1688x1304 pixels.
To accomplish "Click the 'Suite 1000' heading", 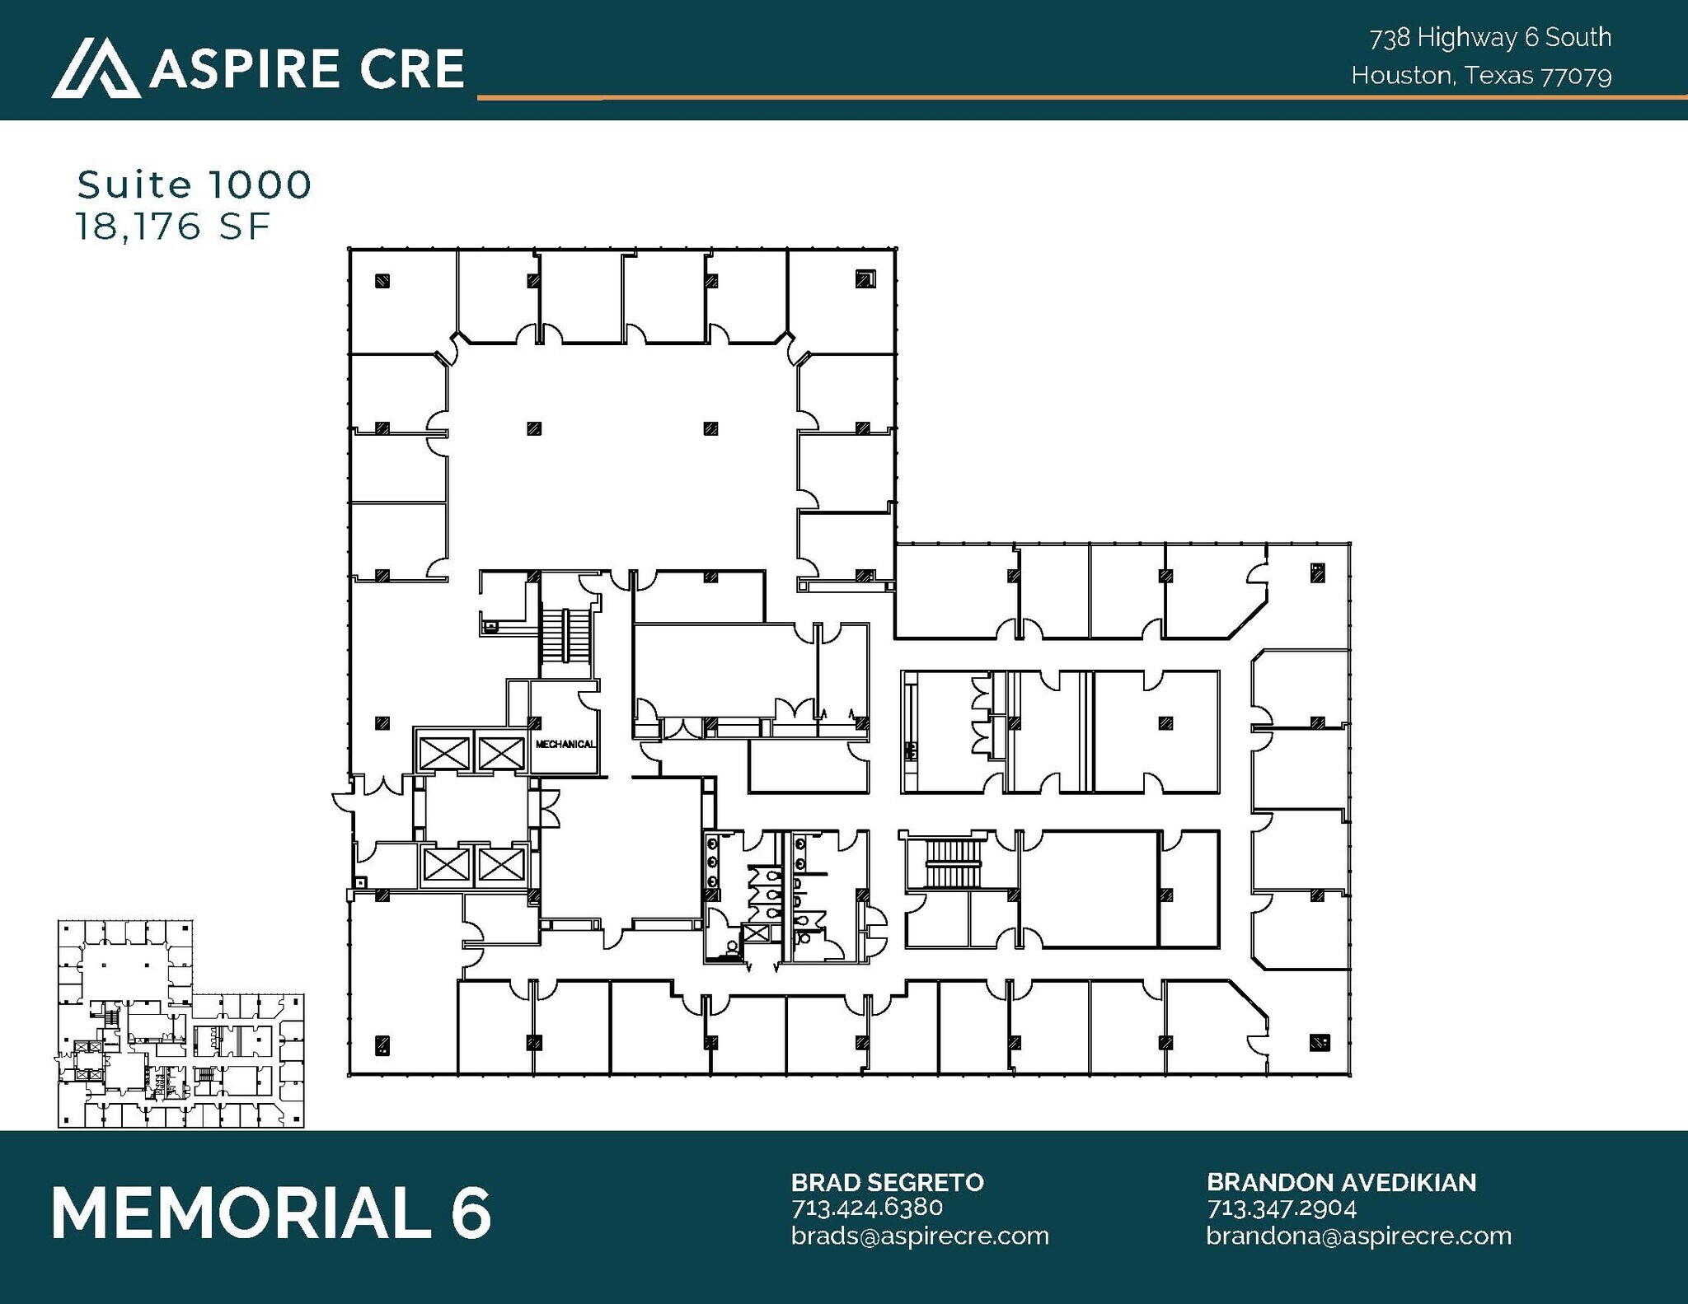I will (195, 185).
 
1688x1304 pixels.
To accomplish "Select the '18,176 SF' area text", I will (173, 227).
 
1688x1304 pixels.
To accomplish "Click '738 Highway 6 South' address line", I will (1490, 38).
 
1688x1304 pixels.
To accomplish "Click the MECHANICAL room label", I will (565, 745).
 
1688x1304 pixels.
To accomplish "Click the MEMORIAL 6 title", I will (271, 1213).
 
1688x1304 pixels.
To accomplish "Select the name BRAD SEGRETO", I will (887, 1183).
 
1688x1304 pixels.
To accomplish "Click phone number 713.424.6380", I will (866, 1208).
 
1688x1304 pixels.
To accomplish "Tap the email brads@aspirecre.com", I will (920, 1236).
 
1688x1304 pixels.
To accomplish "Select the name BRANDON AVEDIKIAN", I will (1341, 1183).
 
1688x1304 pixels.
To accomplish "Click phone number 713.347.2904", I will (1282, 1208).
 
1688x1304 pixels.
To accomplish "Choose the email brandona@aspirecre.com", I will (1358, 1236).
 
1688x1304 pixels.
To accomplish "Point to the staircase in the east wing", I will (956, 862).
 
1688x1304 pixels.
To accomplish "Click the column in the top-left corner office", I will (382, 281).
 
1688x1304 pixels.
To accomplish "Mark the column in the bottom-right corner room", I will (1318, 1042).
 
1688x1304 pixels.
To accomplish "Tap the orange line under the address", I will (1071, 98).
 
